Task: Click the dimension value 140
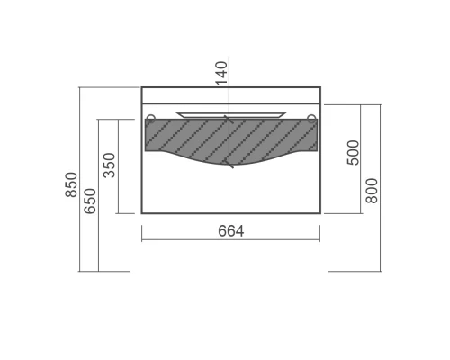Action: (222, 71)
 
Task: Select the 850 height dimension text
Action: (71, 185)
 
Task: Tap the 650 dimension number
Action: (90, 200)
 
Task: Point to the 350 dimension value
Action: (110, 166)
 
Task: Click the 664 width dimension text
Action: (231, 231)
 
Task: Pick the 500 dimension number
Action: (354, 152)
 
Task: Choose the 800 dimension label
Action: (372, 190)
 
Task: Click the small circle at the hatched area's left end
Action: (150, 117)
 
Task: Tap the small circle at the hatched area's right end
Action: (311, 117)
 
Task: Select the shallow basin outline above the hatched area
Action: (231, 114)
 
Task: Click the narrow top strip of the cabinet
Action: (231, 95)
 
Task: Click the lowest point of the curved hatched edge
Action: (231, 166)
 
